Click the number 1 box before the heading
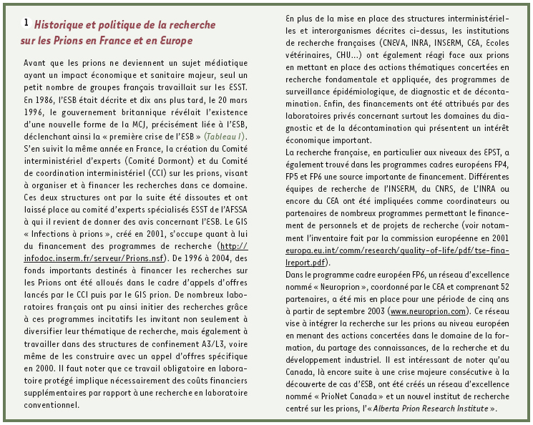(26, 23)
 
